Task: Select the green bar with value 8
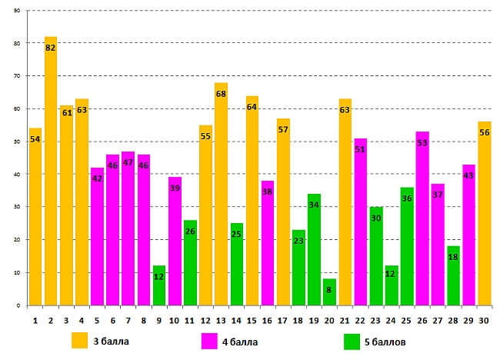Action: click(x=329, y=292)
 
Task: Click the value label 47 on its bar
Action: click(x=128, y=163)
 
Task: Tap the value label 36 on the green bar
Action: click(x=407, y=198)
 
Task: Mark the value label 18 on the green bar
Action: click(x=453, y=257)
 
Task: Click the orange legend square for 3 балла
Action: click(x=80, y=340)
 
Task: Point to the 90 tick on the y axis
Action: click(x=17, y=11)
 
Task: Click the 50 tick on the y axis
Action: click(x=17, y=142)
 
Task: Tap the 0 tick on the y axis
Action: click(x=19, y=305)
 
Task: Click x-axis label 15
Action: click(x=252, y=319)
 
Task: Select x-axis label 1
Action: click(x=35, y=319)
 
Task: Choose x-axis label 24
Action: click(x=391, y=319)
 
